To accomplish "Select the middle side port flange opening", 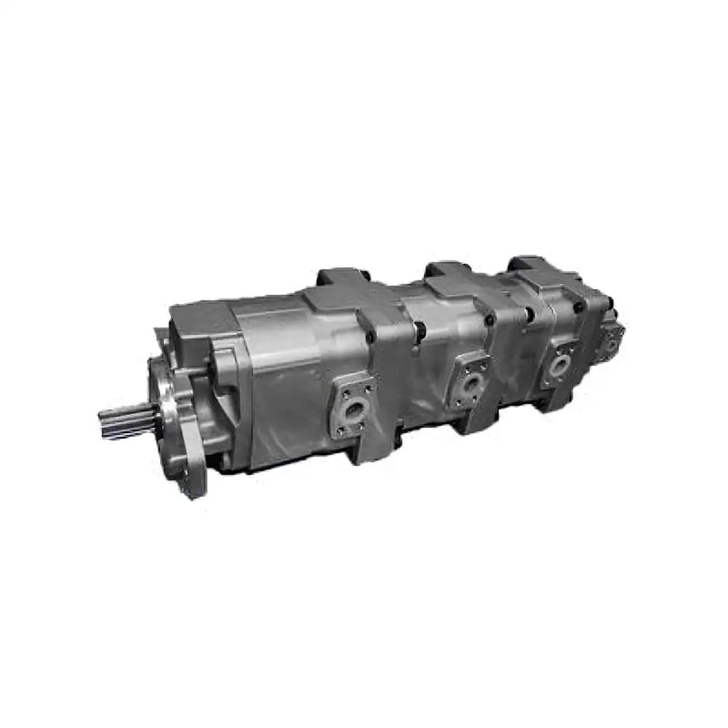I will pyautogui.click(x=470, y=383).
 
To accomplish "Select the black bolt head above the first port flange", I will pyautogui.click(x=370, y=339).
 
